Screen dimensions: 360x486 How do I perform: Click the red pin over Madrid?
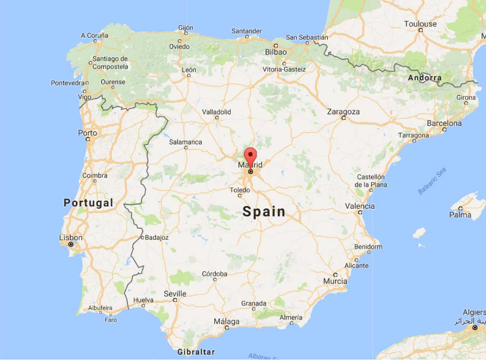coord(250,156)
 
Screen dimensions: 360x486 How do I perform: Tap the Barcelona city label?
coord(444,123)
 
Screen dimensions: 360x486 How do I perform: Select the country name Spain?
coord(264,211)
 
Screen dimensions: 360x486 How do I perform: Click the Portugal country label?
coord(89,202)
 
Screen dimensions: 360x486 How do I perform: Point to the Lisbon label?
coord(71,238)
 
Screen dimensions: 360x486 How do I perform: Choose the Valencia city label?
coord(360,206)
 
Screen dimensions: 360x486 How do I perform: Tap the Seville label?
coord(175,293)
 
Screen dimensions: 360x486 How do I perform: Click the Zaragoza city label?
coord(343,112)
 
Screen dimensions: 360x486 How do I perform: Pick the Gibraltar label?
coord(196,352)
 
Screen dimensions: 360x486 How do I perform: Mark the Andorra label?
coord(425,78)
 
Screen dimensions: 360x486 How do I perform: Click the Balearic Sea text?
coord(432,181)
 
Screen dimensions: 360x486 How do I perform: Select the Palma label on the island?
coord(461,215)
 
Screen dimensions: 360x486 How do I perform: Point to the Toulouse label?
coord(420,24)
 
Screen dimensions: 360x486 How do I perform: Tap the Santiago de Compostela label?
coord(110,63)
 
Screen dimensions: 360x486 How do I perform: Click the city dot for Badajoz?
coord(142,237)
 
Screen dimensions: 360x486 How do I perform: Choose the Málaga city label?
coord(227,322)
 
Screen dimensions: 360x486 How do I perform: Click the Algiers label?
coord(474,312)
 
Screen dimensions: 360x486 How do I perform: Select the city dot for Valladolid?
coord(216,117)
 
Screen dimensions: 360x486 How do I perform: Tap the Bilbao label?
coord(276,52)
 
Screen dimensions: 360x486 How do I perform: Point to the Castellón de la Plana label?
coord(371,180)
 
